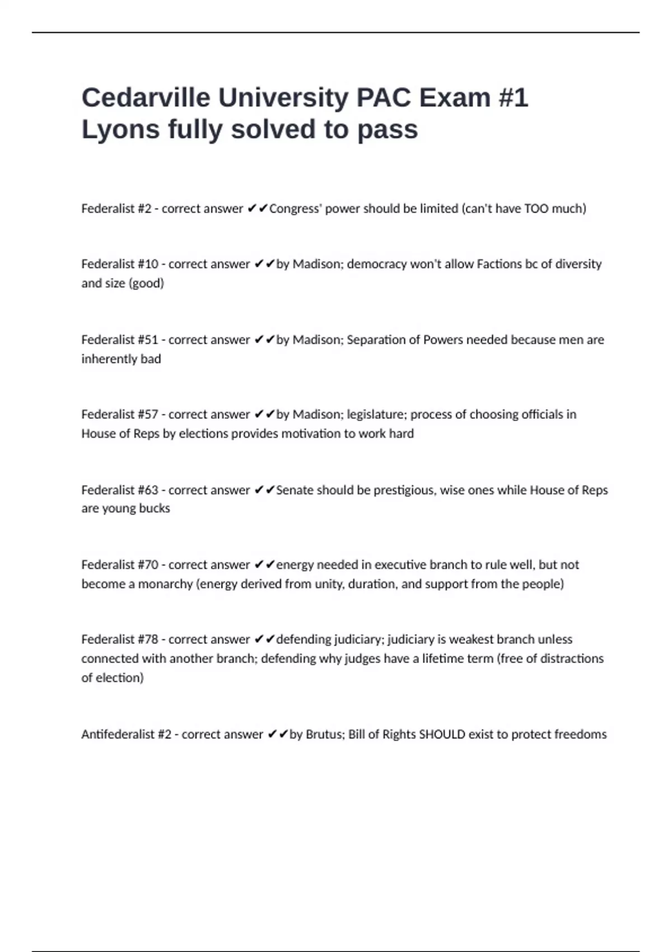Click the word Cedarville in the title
point(145,98)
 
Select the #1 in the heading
point(512,98)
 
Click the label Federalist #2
point(116,209)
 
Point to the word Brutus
point(324,734)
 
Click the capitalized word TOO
point(536,209)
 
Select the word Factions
point(499,264)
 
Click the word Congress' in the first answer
point(295,209)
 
